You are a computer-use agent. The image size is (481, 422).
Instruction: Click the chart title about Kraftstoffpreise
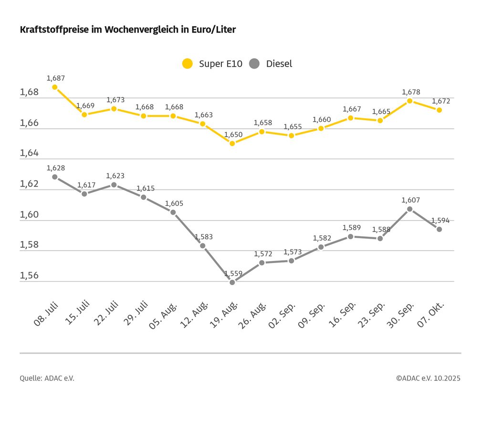coord(128,30)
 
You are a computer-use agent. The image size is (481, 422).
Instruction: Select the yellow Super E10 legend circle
coord(188,63)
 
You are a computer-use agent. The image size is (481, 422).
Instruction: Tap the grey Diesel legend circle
coord(254,63)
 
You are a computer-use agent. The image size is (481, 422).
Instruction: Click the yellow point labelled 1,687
coord(55,87)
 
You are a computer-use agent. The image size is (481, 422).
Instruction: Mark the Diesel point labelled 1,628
coord(55,177)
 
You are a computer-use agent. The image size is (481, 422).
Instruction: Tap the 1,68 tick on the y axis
coord(29,93)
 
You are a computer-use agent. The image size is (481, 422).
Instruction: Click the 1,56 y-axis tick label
coord(29,276)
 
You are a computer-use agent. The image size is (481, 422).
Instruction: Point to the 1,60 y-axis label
coord(29,215)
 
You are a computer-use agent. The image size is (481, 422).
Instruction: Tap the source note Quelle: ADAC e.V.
coord(47,378)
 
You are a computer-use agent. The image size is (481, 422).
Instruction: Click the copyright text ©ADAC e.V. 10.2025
coord(428,378)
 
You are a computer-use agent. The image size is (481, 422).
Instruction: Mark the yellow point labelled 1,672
coord(439,110)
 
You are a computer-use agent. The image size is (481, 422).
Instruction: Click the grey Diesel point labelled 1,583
coord(203,246)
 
